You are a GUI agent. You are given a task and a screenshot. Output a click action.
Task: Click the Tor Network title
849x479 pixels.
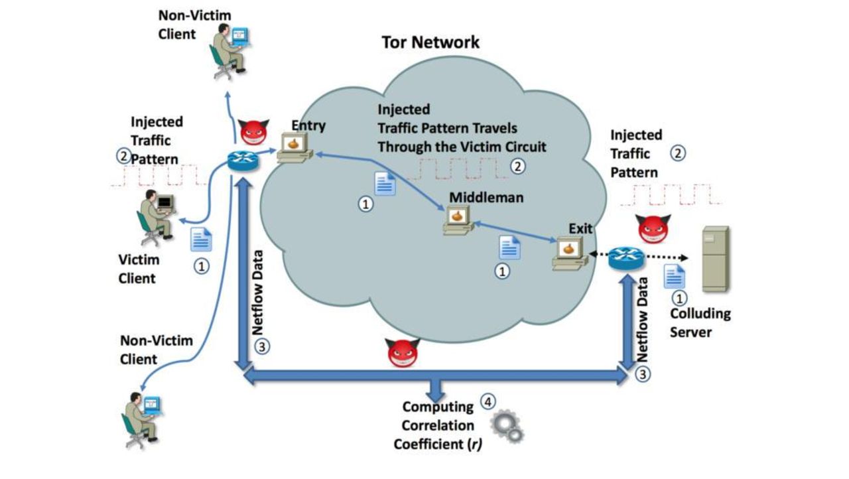tap(430, 42)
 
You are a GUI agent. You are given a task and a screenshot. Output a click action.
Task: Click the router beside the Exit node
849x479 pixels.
tap(625, 257)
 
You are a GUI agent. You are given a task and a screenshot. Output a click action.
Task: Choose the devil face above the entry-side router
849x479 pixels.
tap(253, 133)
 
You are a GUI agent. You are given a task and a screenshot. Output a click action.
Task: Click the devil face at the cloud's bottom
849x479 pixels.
tap(403, 352)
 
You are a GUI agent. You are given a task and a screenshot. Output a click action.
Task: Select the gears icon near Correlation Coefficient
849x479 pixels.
tap(507, 427)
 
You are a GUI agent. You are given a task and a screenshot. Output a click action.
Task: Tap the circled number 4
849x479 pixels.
tap(488, 401)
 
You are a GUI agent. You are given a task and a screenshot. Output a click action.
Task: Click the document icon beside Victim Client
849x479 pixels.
tap(201, 239)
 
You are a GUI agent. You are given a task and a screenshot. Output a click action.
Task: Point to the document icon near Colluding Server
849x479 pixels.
tap(675, 275)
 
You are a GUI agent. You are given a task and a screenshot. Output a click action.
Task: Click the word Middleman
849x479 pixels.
tap(486, 197)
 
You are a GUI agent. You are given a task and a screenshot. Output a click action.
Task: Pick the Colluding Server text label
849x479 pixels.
tap(700, 322)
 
